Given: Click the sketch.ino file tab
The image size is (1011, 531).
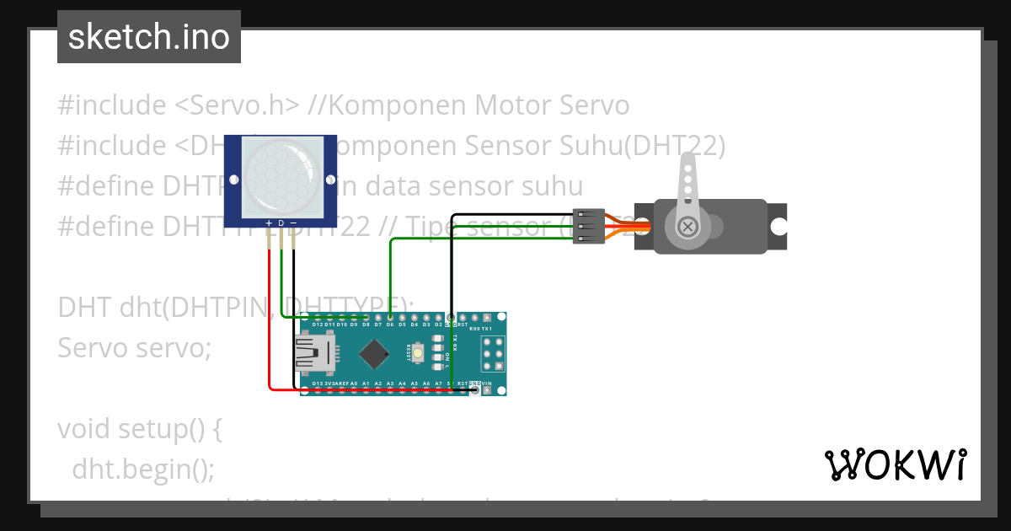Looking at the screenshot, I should coord(149,37).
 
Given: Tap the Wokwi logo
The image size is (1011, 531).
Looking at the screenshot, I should coord(895,464).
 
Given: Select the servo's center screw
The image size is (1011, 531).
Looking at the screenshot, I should coord(688,226).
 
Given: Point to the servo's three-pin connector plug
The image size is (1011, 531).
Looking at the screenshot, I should coord(589,226).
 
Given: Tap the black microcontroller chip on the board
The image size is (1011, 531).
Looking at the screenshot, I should coord(373,353).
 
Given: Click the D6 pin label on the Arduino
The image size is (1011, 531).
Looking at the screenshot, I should coord(390,324).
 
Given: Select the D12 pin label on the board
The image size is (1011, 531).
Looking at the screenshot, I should coord(317,324).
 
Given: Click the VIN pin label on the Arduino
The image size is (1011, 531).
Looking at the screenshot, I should coord(487,383).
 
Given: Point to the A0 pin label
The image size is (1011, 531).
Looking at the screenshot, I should coord(354,383).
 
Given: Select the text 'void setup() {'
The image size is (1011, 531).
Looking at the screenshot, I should coord(140,428).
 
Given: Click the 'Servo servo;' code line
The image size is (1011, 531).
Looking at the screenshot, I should coord(134,347).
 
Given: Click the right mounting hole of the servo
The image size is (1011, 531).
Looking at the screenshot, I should coord(779,226).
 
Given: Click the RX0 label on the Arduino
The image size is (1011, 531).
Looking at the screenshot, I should coord(474,329).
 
